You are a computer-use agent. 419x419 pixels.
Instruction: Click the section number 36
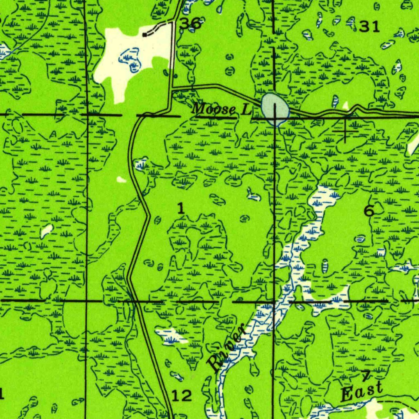190,24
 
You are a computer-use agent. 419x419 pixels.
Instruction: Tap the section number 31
369,27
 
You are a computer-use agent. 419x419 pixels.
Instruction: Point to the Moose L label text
221,109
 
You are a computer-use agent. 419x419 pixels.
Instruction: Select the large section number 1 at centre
180,209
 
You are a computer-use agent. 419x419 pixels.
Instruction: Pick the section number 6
369,211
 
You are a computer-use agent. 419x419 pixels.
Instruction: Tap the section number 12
181,396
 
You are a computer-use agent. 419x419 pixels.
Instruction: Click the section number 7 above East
365,375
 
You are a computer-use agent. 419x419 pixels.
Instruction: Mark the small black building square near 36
144,35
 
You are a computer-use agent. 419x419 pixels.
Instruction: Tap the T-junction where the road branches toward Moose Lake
172,87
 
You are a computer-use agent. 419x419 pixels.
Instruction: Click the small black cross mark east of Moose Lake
345,131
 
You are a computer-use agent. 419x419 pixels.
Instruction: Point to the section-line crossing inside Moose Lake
275,115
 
